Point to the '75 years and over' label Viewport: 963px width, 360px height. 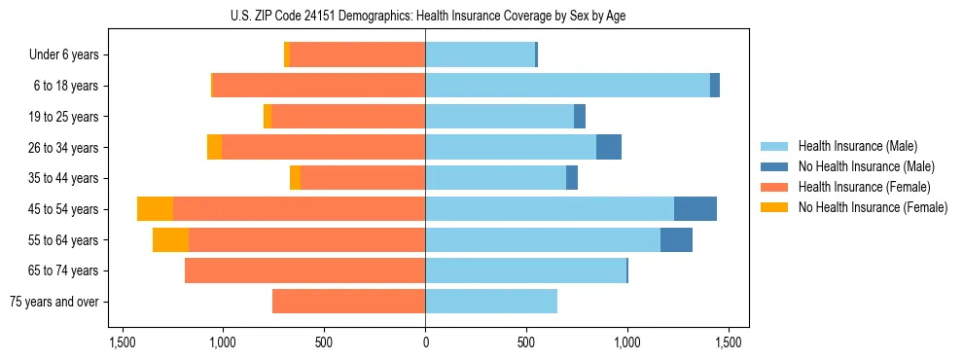(x=55, y=302)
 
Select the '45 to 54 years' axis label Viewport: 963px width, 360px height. (x=64, y=209)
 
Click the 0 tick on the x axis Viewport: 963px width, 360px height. (x=425, y=342)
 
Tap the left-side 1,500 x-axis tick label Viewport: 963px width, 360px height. (x=123, y=342)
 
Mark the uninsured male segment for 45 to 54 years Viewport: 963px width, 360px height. (x=695, y=209)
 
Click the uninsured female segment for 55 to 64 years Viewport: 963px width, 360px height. (x=170, y=240)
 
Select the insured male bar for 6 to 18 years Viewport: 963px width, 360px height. (x=567, y=86)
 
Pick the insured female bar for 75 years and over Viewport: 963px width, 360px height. (x=348, y=302)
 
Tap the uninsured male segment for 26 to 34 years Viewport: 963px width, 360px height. (x=609, y=148)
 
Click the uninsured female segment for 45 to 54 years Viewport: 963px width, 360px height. (x=155, y=209)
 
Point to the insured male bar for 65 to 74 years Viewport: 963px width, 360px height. (x=525, y=270)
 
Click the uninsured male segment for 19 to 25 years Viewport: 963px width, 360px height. (x=580, y=117)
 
